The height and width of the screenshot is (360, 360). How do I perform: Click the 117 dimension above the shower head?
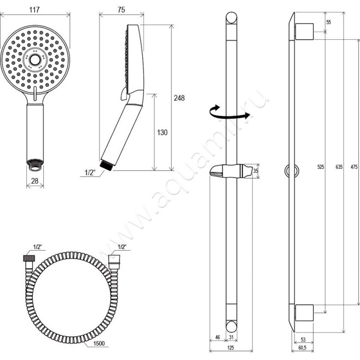(35, 10)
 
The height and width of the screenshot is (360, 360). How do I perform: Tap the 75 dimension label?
(121, 10)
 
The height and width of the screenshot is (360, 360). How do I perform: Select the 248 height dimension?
(179, 98)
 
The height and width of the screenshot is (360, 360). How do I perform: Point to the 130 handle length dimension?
(162, 132)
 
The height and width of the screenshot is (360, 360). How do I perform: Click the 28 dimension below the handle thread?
(35, 181)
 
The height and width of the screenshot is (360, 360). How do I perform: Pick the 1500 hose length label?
(99, 343)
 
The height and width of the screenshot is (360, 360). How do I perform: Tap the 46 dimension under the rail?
(217, 337)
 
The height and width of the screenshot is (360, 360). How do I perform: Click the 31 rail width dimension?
(231, 337)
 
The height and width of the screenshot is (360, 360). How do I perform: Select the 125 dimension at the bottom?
(230, 348)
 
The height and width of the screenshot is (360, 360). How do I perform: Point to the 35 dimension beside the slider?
(256, 171)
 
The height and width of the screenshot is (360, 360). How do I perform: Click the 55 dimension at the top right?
(328, 22)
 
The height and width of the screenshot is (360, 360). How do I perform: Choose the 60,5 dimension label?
(302, 348)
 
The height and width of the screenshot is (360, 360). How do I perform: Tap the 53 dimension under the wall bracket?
(303, 340)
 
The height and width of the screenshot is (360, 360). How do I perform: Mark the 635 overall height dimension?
(339, 166)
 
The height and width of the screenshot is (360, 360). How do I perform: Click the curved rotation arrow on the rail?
(229, 113)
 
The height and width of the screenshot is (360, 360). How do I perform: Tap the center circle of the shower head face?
(35, 60)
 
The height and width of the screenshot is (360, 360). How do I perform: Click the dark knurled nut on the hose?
(29, 258)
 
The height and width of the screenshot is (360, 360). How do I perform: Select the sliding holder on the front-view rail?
(232, 171)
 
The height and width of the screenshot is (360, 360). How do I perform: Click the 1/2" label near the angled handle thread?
(90, 173)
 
